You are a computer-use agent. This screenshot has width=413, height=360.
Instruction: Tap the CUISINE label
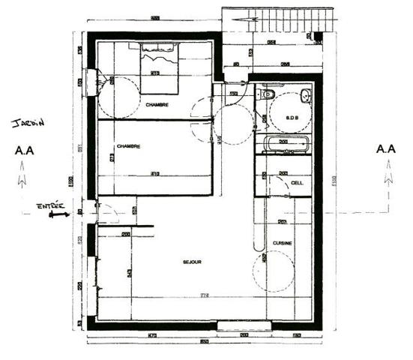point(283,244)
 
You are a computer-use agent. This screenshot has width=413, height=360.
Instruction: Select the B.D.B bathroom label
point(292,118)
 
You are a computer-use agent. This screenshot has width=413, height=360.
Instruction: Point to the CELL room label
point(297,183)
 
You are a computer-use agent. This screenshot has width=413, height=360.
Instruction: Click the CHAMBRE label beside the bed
point(157,104)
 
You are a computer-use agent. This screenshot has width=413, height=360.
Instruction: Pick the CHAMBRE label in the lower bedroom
point(129,145)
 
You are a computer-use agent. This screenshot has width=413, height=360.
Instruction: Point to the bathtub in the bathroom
point(284,145)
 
